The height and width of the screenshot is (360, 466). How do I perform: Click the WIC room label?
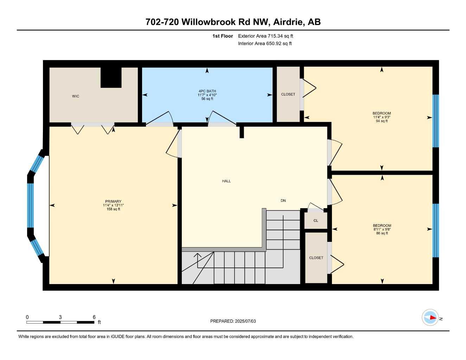pyautogui.click(x=76, y=96)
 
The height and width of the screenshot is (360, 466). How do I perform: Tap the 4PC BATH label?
pyautogui.click(x=207, y=91)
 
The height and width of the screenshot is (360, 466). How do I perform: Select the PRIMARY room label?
pyautogui.click(x=113, y=201)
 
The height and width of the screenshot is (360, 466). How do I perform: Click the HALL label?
pyautogui.click(x=226, y=181)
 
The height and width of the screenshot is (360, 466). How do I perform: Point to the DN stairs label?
pyautogui.click(x=283, y=201)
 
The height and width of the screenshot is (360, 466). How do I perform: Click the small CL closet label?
pyautogui.click(x=316, y=221)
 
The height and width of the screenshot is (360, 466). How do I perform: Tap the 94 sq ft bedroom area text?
pyautogui.click(x=382, y=121)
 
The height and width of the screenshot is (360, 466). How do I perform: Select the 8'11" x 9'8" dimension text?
pyautogui.click(x=382, y=230)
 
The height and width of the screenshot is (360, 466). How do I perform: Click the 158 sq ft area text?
pyautogui.click(x=113, y=209)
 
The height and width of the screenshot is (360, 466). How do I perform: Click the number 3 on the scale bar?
pyautogui.click(x=60, y=317)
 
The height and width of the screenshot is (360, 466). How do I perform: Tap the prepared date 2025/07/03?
pyautogui.click(x=245, y=321)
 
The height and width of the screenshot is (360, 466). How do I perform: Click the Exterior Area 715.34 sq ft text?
pyautogui.click(x=266, y=36)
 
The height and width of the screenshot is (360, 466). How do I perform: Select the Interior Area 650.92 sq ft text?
pyautogui.click(x=265, y=44)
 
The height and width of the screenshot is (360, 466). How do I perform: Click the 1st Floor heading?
pyautogui.click(x=223, y=36)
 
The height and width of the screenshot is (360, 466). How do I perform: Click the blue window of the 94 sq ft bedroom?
pyautogui.click(x=435, y=121)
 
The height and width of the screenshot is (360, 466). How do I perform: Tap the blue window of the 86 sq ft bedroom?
pyautogui.click(x=435, y=230)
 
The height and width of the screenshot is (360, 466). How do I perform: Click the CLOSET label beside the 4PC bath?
pyautogui.click(x=288, y=94)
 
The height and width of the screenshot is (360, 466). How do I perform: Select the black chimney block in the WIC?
pyautogui.click(x=111, y=77)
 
